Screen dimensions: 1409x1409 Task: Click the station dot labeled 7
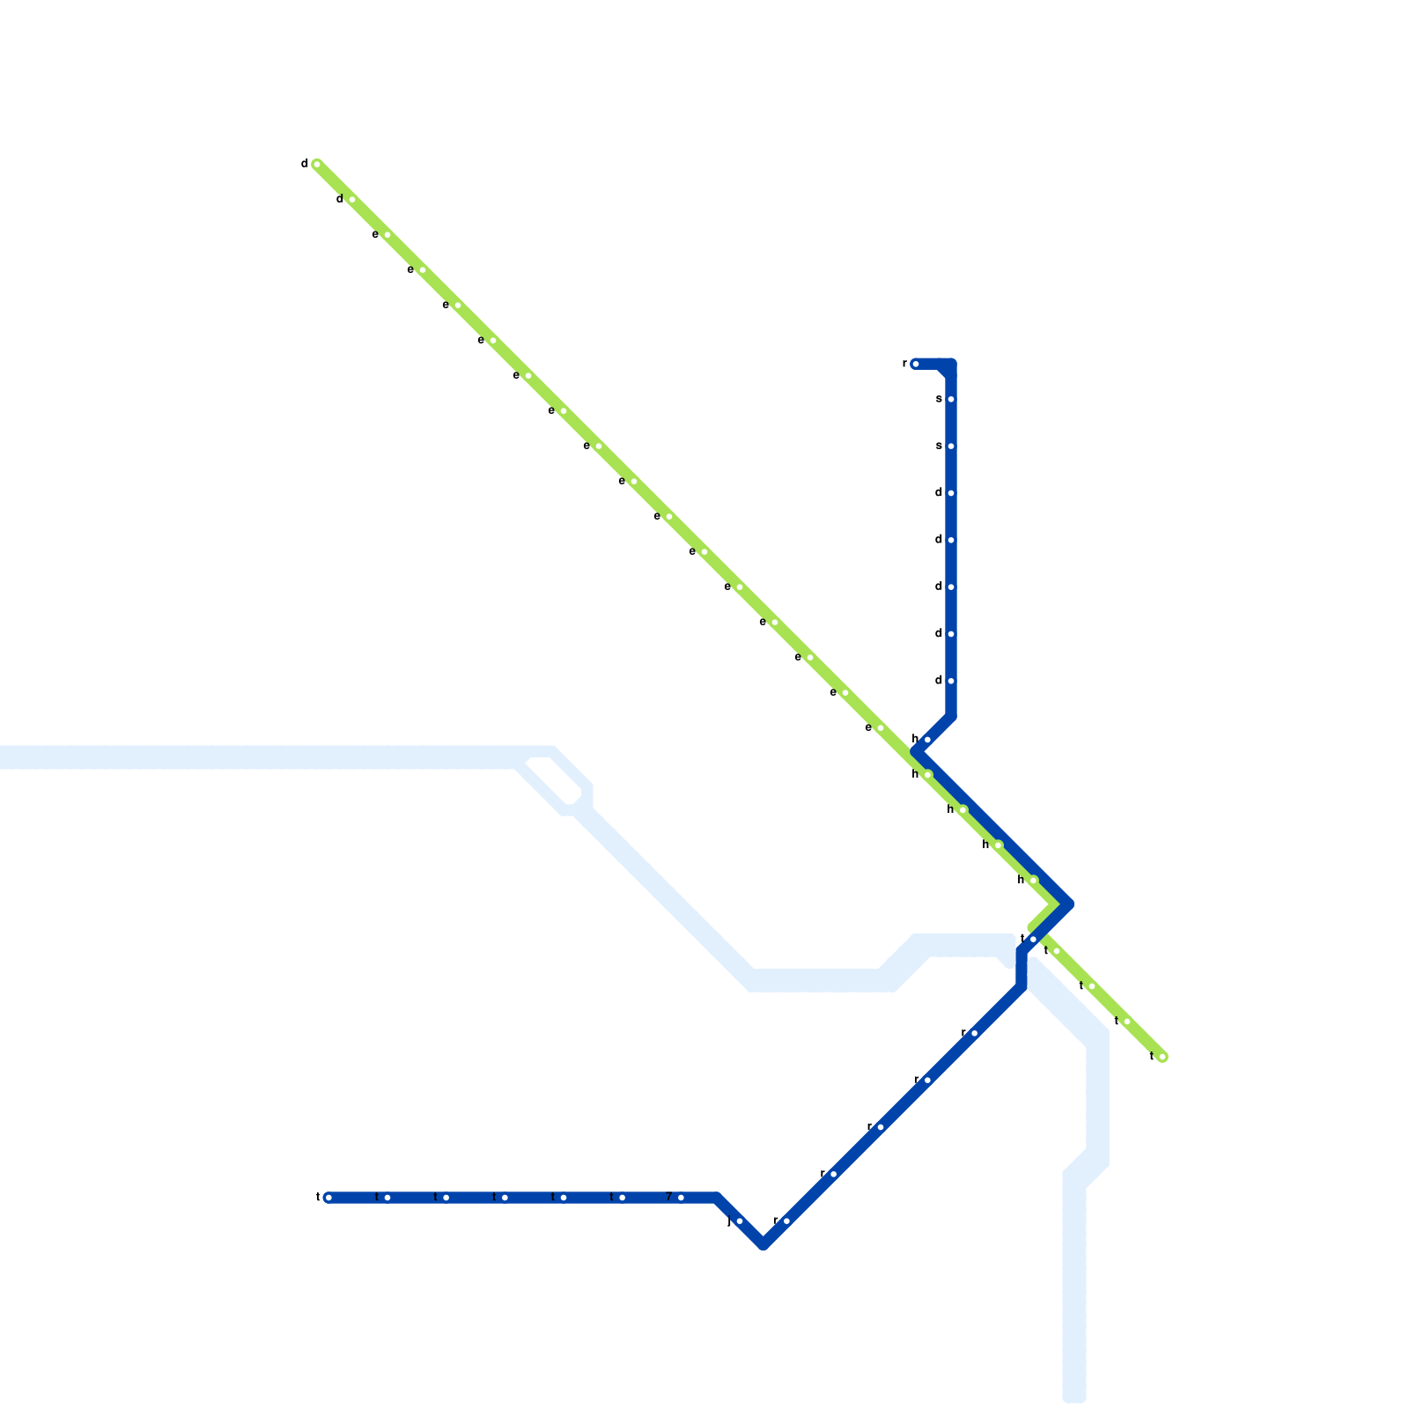pos(681,1198)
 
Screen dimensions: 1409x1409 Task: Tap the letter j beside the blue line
pos(728,1221)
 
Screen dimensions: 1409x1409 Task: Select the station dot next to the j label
pos(740,1221)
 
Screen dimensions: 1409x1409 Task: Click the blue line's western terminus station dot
pos(328,1198)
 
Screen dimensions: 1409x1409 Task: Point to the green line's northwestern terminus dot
pos(317,165)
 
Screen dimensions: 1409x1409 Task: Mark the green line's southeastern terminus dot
pos(1162,1057)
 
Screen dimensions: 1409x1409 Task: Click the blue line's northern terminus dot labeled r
pos(916,364)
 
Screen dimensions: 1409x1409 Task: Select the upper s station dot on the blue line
pos(951,400)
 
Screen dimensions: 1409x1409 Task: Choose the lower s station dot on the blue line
pos(951,446)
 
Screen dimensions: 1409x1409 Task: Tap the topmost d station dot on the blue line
pos(951,493)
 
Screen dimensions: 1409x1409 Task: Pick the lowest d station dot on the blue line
pos(951,681)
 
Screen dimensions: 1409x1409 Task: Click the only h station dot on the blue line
pos(927,740)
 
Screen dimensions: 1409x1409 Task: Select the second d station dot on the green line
pos(352,200)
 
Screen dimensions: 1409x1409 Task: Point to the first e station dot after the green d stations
pos(387,235)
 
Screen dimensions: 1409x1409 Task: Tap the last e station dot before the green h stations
pos(881,728)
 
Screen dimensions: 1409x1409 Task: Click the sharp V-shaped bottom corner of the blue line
pos(764,1244)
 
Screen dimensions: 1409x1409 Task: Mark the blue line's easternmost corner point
pos(1069,904)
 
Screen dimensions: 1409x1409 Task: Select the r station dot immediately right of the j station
pos(786,1221)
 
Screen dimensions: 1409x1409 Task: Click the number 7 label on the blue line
pos(669,1198)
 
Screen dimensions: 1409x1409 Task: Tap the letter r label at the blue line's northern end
pos(904,364)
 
